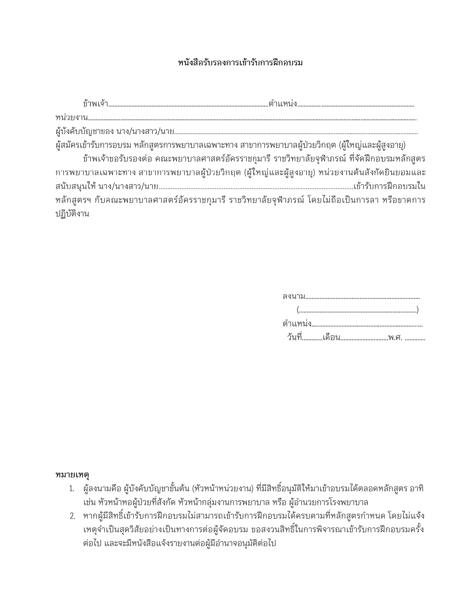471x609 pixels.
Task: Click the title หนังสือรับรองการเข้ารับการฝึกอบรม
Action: click(x=240, y=63)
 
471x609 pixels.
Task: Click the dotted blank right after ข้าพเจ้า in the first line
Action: click(x=188, y=106)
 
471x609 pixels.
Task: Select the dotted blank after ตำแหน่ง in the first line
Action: click(x=355, y=106)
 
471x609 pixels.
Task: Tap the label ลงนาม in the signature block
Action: click(x=294, y=296)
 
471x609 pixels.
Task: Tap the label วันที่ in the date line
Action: click(x=294, y=338)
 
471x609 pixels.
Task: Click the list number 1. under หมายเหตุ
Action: click(x=72, y=489)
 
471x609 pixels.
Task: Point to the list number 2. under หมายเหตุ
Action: click(x=72, y=516)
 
